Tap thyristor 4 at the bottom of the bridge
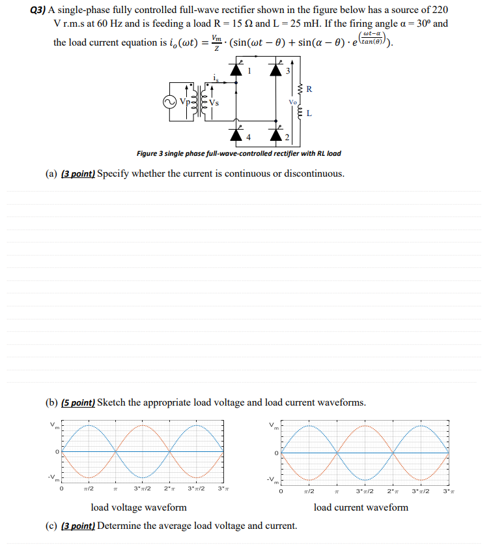pos(235,135)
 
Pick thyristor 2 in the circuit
pos(276,135)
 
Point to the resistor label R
pos(309,89)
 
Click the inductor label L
pos(309,114)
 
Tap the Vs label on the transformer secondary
pos(214,103)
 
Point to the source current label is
pos(215,78)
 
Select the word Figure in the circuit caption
pos(147,154)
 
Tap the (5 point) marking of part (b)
pos(78,402)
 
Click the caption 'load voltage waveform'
pos(138,507)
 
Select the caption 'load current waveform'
pos(361,507)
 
